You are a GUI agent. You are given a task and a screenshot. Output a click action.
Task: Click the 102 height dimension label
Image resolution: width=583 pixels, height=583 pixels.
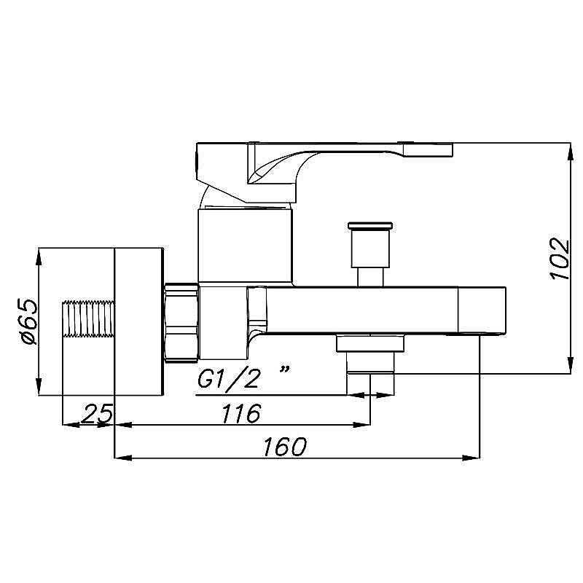[560, 259]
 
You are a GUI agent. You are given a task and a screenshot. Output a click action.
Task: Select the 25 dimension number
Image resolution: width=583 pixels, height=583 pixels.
[97, 413]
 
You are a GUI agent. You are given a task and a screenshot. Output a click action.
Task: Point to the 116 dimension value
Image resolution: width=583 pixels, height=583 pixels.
[241, 413]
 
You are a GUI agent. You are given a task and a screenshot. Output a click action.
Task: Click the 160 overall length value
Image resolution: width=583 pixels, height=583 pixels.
[285, 447]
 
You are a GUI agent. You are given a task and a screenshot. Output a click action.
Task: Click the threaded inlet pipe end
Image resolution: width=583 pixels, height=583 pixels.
[88, 318]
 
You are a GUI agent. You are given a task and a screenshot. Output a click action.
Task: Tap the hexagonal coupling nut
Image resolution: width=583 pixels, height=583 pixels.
[181, 323]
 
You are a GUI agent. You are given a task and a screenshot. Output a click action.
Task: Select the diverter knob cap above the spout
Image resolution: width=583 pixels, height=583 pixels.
[370, 226]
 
